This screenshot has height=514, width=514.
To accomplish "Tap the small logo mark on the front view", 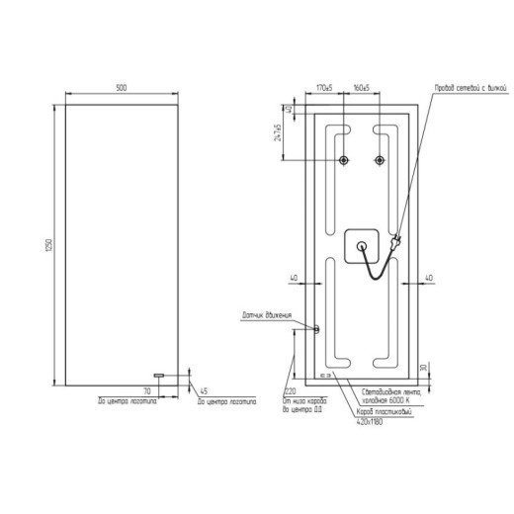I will pos(157,375).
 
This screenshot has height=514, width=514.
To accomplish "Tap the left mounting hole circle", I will pos(343,161).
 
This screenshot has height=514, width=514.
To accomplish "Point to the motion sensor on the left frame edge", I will pos(317,329).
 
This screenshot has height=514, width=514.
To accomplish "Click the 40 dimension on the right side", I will pos(429,278).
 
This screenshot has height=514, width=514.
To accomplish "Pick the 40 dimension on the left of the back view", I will pos(295,278).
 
